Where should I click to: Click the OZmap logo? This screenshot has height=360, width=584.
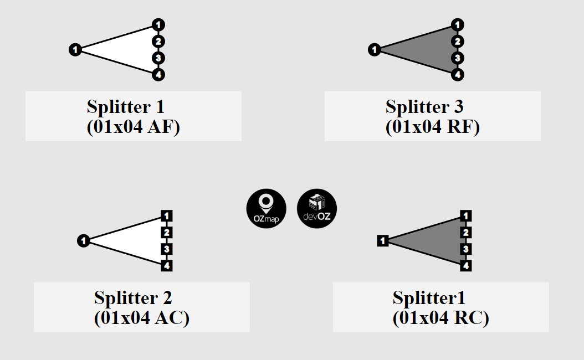(x=266, y=209)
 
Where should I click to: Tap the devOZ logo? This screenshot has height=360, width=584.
(x=317, y=209)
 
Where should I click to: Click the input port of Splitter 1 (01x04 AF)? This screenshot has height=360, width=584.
(x=75, y=50)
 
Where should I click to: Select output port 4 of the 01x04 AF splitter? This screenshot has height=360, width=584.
(x=158, y=75)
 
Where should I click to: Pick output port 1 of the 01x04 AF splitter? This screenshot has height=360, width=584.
(x=158, y=25)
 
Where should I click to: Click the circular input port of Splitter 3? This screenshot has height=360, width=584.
(x=374, y=50)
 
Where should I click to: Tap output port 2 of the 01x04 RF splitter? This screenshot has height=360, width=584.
(x=457, y=42)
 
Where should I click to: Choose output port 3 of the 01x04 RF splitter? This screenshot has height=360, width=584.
(x=457, y=58)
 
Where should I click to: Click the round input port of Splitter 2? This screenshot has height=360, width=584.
(x=83, y=241)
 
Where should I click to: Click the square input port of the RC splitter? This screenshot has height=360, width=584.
(x=383, y=241)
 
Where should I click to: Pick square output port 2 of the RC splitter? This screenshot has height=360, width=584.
(x=466, y=233)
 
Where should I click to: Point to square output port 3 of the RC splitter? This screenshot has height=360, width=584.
(x=466, y=249)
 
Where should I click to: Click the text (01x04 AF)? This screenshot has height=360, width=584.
(x=134, y=127)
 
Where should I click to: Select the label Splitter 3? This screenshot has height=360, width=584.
(x=424, y=106)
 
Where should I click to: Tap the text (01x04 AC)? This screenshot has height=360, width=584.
(x=142, y=318)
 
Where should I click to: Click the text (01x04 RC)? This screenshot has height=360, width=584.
(x=441, y=318)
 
